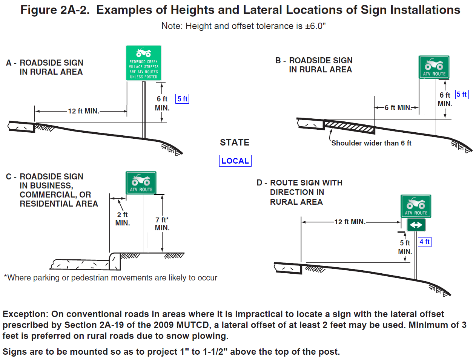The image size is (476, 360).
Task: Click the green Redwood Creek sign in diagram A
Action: pos(143,63)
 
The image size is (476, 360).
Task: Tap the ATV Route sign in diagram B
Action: pos(434,67)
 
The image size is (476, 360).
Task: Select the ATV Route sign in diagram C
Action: pos(141,183)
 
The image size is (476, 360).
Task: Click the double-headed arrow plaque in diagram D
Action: pos(416,225)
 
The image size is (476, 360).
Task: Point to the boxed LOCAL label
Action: pos(235,161)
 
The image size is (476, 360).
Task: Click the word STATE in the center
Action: pos(235,142)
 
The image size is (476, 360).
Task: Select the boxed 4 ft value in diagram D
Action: pos(424,242)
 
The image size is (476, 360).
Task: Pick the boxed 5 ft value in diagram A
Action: pos(182,99)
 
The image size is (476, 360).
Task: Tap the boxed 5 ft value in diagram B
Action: pos(462,95)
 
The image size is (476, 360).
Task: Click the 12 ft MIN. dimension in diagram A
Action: pos(83,111)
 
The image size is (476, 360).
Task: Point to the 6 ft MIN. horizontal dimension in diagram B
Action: pos(398,108)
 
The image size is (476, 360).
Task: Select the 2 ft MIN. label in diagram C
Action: pos(123,219)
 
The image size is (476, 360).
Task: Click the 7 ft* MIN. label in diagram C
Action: pos(162,224)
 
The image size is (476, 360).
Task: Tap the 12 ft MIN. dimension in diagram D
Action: pos(350,222)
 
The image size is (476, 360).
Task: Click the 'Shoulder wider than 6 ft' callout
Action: pos(371,143)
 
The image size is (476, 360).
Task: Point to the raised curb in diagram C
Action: pos(115,260)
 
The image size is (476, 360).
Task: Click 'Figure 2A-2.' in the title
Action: pos(55,10)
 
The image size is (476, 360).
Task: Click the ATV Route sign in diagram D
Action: pos(416,206)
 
